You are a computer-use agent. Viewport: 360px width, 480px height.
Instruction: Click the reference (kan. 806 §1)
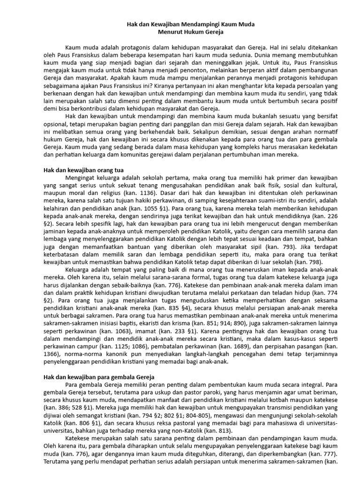click(82, 423)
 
